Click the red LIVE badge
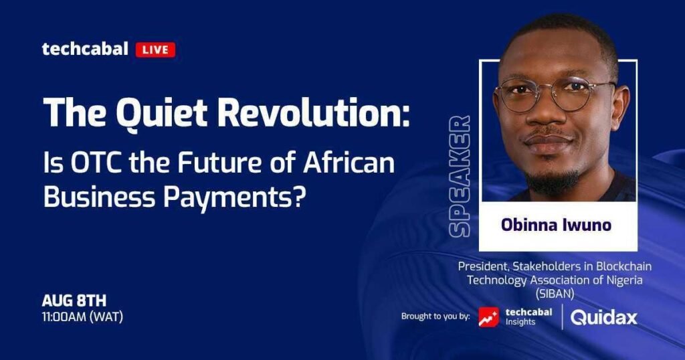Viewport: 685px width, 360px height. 155,50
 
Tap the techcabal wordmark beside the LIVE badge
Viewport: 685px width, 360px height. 85,48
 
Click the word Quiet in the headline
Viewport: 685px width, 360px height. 161,112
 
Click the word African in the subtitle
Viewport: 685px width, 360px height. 349,163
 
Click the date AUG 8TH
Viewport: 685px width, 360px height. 74,300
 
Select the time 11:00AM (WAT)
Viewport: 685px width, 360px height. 82,317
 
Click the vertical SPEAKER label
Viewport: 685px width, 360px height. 460,177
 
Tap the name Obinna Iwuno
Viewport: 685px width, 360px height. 556,225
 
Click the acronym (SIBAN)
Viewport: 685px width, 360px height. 555,294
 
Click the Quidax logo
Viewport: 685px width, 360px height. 604,318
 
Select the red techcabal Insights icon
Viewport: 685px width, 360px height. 488,317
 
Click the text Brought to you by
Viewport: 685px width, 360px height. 435,317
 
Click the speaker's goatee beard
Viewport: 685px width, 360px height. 551,179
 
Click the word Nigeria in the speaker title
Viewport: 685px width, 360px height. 625,280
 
